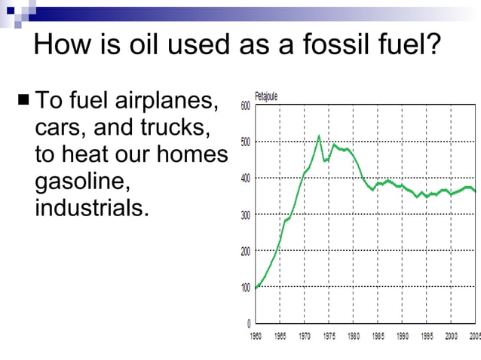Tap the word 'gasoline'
click(x=83, y=181)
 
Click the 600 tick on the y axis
click(x=246, y=106)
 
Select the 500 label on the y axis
click(x=246, y=142)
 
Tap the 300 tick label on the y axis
click(x=246, y=215)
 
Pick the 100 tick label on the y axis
click(x=246, y=288)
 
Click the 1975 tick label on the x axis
click(x=329, y=336)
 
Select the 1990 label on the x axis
click(x=403, y=336)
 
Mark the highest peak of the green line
click(x=319, y=136)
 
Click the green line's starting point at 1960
click(x=256, y=288)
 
